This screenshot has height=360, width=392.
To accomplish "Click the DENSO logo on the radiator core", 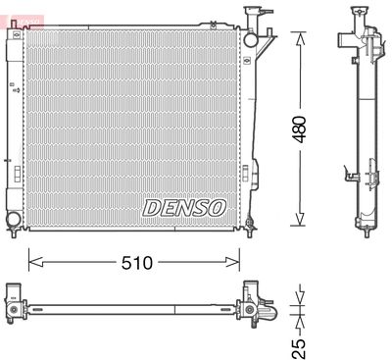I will (184, 207).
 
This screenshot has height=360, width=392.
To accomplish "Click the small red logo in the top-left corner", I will (10, 7).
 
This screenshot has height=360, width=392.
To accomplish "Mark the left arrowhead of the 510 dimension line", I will (31, 262).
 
